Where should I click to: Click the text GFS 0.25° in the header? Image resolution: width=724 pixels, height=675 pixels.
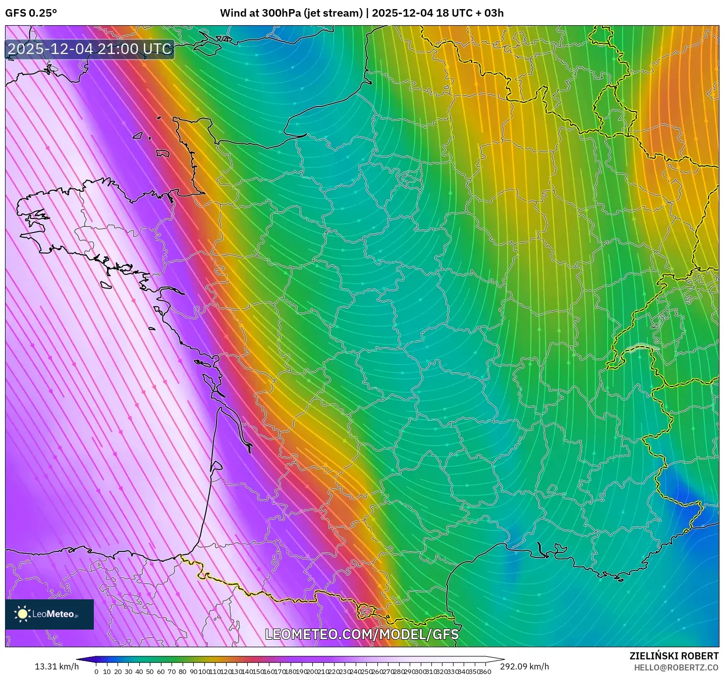pos(31,13)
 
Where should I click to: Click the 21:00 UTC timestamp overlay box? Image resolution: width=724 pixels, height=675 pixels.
pos(90,49)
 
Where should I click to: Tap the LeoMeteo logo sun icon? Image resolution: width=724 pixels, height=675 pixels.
pos(23,614)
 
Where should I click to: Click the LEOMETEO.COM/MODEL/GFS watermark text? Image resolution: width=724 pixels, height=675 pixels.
pos(362,634)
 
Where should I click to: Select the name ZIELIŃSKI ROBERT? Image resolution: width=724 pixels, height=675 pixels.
pos(674,656)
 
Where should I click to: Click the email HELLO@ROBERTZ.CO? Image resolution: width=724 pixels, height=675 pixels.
pos(676,667)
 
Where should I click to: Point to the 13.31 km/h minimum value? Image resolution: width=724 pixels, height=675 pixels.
pos(57,666)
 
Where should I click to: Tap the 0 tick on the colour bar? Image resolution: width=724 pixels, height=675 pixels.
pos(96,671)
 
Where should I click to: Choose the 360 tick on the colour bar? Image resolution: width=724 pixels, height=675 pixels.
pos(485,671)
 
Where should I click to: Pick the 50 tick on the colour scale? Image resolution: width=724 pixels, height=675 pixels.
pos(150,671)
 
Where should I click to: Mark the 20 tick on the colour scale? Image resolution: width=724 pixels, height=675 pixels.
pos(118,671)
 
